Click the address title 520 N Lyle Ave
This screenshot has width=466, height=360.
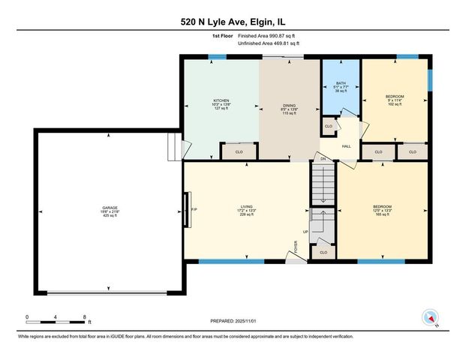pyautogui.click(x=232, y=22)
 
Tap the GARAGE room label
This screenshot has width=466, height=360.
pyautogui.click(x=110, y=208)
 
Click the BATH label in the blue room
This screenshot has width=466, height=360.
pyautogui.click(x=341, y=83)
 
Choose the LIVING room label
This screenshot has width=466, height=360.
pyautogui.click(x=246, y=208)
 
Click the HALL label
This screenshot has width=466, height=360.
pyautogui.click(x=347, y=146)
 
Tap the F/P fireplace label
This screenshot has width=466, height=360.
pyautogui.click(x=194, y=208)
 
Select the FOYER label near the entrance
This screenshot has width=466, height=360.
pyautogui.click(x=296, y=246)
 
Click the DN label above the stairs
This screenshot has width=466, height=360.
pyautogui.click(x=323, y=159)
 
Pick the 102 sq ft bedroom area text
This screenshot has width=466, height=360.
pyautogui.click(x=394, y=104)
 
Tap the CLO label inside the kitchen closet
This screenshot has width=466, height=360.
pyautogui.click(x=239, y=152)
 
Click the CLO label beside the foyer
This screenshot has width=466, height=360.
pyautogui.click(x=323, y=252)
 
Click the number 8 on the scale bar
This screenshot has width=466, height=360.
pyautogui.click(x=85, y=316)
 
